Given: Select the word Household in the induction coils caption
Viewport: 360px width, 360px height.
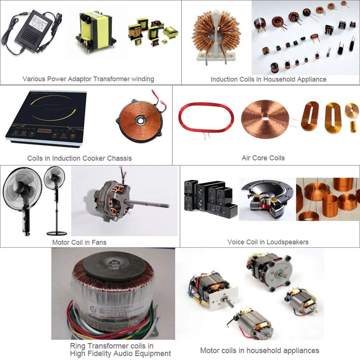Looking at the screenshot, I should click(277, 79).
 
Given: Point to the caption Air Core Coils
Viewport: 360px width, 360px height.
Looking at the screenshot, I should click(263, 158).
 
